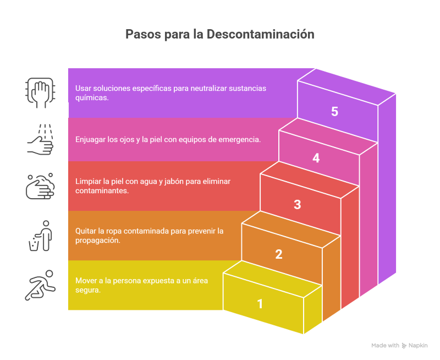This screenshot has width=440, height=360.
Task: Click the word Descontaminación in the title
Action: [260, 34]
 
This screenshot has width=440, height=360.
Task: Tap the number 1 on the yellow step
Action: [260, 304]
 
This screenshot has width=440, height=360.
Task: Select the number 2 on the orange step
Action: [279, 254]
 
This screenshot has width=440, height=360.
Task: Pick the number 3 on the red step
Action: [298, 204]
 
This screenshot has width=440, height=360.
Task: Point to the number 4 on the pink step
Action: [316, 158]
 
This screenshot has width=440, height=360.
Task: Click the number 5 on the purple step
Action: [334, 112]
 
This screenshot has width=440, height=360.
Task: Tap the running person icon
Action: [40, 285]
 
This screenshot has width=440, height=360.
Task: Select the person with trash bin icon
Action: [40, 236]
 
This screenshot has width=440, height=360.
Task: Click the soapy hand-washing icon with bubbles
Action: [40, 186]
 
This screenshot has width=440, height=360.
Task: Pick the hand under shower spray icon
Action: [40, 139]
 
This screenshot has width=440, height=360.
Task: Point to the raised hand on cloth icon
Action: [40, 93]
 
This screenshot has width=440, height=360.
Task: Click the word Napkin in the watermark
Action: [418, 346]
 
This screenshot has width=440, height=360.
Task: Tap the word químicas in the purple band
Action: [92, 98]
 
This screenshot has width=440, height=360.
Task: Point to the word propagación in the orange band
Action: [98, 241]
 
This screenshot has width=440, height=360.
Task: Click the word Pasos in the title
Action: [143, 34]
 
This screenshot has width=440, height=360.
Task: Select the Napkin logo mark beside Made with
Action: [404, 346]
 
